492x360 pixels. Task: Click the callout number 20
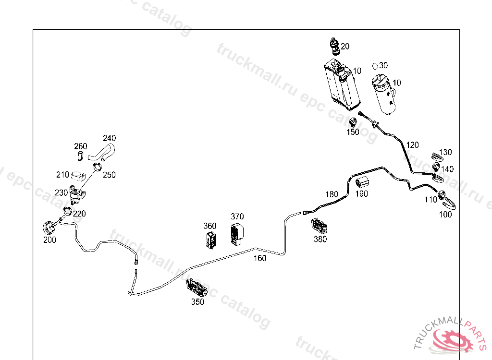tap(345, 47)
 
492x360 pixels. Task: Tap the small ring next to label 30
tap(376, 65)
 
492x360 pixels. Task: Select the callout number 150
tap(353, 132)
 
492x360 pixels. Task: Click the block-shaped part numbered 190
tap(361, 182)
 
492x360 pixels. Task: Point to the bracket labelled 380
tap(319, 225)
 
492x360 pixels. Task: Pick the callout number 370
tap(237, 216)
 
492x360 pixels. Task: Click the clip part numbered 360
tap(211, 240)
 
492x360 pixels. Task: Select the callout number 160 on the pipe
tap(259, 258)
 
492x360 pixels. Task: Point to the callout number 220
tap(79, 214)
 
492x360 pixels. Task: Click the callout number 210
tap(62, 175)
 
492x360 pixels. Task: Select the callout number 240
tap(109, 138)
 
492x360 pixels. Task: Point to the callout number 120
tap(412, 145)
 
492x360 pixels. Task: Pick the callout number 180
tap(332, 194)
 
